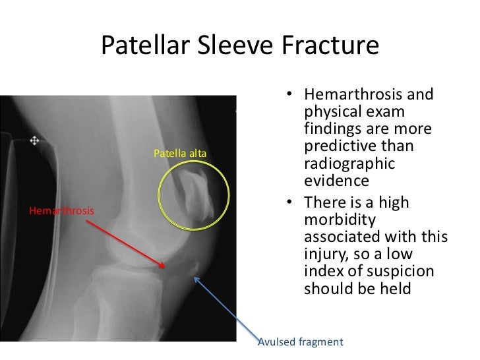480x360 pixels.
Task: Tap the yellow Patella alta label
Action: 180,154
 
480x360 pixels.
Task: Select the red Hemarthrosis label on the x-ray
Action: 61,211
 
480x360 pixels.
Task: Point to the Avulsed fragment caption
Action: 300,342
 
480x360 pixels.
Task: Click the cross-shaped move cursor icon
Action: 34,140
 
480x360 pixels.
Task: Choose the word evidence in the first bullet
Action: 332,181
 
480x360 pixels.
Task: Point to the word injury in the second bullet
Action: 324,253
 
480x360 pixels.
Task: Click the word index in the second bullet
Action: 322,270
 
